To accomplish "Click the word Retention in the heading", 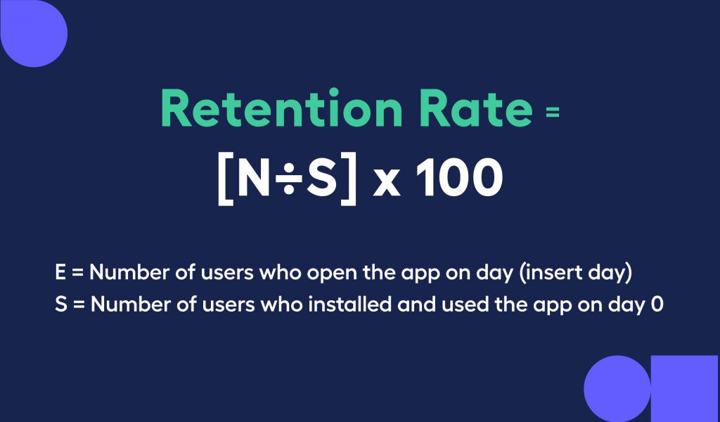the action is coord(282,109).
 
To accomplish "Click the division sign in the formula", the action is coord(288,178).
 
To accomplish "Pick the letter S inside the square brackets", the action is coord(322,177).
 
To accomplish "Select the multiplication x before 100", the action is coord(387,182).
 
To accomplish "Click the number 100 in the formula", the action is coord(458,177).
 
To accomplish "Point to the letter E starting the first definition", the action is coord(60,272).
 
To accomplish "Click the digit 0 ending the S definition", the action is coord(657,305).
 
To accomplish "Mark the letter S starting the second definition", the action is coord(61,304).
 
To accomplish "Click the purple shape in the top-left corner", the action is coord(34,33).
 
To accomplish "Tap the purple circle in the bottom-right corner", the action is coord(617,388).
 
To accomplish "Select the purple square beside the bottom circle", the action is coord(684,388).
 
